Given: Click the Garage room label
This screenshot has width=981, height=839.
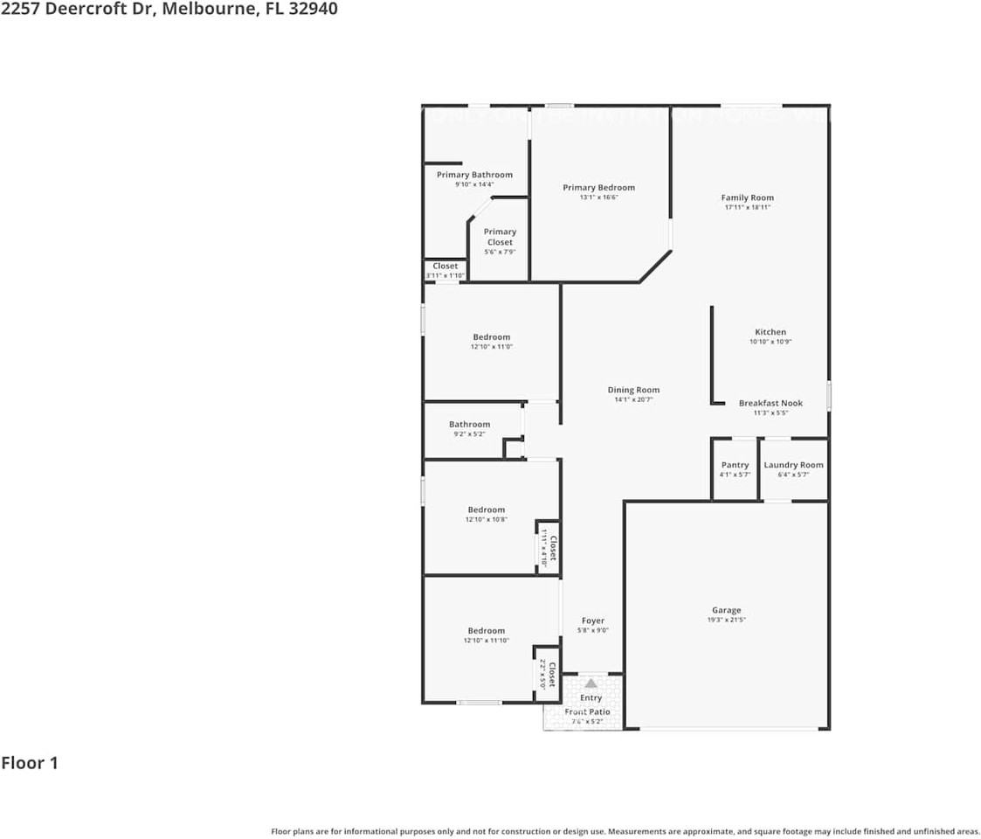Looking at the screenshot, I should tap(726, 611).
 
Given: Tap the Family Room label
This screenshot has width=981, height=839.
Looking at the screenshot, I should tap(747, 198).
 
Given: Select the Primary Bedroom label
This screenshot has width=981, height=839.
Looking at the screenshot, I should tap(598, 188).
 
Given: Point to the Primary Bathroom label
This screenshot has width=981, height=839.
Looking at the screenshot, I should tap(474, 175).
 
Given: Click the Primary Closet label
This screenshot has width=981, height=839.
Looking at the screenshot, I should tap(500, 237).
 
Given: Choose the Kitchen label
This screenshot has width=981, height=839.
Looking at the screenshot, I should tap(770, 332).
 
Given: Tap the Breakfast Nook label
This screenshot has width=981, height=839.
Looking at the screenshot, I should tap(770, 403).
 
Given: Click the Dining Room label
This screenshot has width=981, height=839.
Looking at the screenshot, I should tap(633, 390).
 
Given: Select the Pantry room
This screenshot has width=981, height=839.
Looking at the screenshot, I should tap(735, 469).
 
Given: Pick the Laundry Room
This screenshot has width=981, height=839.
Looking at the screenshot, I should tap(793, 469).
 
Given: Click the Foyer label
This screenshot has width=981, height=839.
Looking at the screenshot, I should tap(592, 621).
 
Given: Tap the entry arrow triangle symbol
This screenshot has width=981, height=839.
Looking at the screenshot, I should tap(591, 683).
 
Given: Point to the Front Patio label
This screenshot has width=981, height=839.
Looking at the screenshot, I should tap(587, 712).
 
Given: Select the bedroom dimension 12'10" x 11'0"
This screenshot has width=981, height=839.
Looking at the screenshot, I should tap(492, 347).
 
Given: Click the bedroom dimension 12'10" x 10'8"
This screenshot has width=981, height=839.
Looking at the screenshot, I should tap(486, 519).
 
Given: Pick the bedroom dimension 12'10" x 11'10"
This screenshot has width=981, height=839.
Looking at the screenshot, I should tap(486, 641).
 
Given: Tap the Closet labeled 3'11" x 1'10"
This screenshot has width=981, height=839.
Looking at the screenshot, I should tap(446, 271).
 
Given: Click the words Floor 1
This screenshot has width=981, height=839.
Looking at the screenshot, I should tap(30, 763).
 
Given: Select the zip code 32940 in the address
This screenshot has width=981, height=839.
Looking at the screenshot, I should tap(310, 9).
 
